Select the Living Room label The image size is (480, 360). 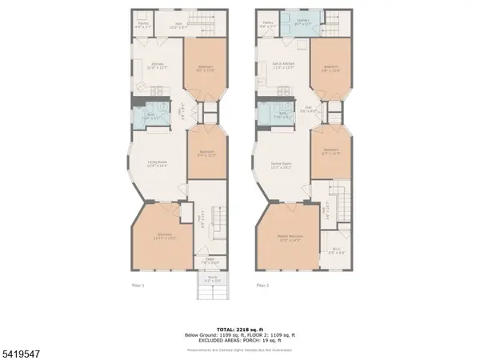tap(157, 164)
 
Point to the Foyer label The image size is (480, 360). tap(211, 260)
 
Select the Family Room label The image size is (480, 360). tap(280, 166)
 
